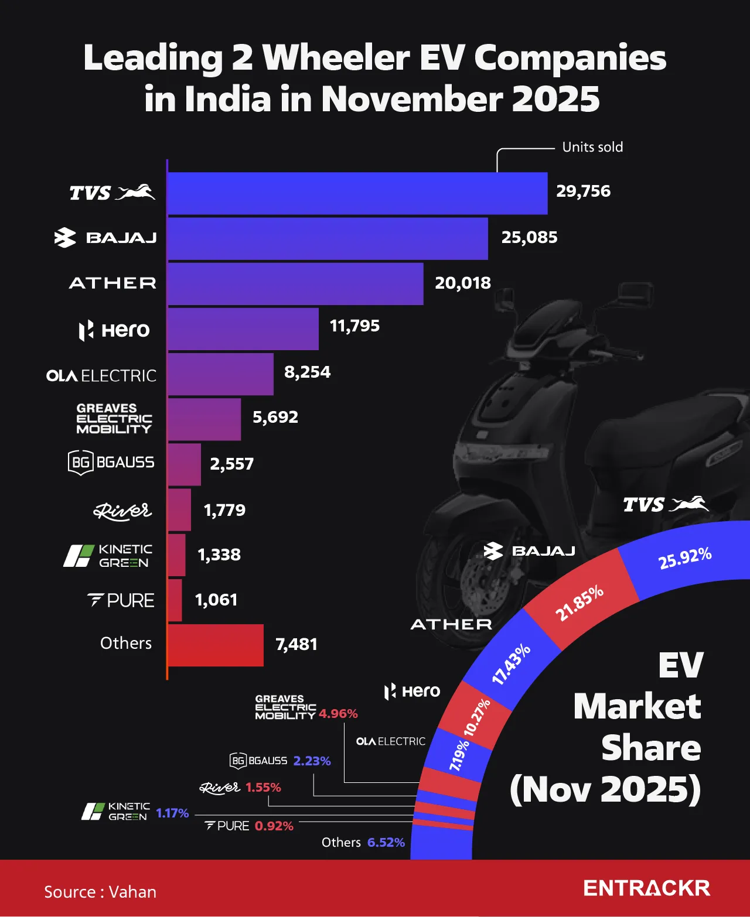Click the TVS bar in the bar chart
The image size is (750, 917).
click(357, 193)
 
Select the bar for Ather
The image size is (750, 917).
click(295, 284)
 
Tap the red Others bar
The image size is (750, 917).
click(216, 645)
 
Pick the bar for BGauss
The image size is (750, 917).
click(185, 464)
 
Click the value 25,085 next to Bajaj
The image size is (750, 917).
click(529, 237)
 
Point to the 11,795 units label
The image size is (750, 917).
click(354, 326)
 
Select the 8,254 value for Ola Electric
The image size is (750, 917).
click(307, 372)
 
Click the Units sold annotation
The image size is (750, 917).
click(592, 147)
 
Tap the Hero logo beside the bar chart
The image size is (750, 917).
click(115, 330)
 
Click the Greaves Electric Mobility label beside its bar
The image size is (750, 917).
click(114, 418)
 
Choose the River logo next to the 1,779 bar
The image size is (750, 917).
click(122, 511)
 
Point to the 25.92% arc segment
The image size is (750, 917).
click(684, 558)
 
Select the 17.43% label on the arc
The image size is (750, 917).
click(511, 664)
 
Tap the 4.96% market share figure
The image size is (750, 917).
click(338, 714)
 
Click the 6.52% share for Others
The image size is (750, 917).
click(386, 842)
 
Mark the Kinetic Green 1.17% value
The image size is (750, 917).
click(172, 813)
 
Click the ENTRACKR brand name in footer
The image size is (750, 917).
click(646, 888)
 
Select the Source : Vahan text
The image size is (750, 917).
click(100, 892)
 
